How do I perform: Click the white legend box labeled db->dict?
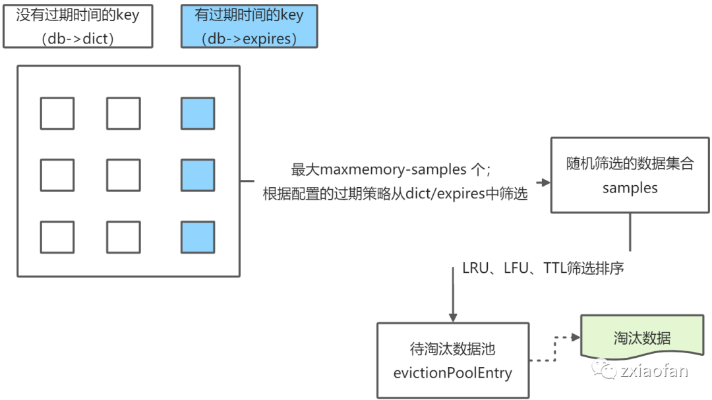coord(78,26)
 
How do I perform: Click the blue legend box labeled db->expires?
coord(249,26)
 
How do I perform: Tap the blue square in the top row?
coord(198,113)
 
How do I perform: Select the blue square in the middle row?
coord(198,175)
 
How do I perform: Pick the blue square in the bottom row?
coord(198,237)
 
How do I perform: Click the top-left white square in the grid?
coord(57,113)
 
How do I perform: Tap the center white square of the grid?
coord(123,175)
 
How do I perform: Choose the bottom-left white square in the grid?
coord(57,237)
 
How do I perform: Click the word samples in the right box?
coord(630,188)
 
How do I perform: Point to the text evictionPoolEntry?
coord(452,373)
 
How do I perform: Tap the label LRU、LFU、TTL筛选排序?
coord(543,268)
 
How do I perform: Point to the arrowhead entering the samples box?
coord(545,183)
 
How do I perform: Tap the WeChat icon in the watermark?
coord(604,370)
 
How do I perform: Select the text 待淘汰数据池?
coord(452,349)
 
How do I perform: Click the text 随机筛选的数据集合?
coord(630,163)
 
